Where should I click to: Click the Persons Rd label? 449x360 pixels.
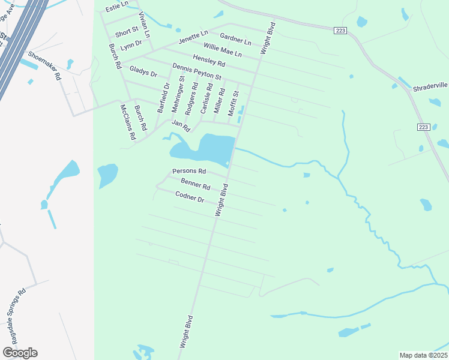click(185, 172)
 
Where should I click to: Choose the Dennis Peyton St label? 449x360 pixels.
click(197, 73)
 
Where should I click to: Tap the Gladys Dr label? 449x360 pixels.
click(143, 72)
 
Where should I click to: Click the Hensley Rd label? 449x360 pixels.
click(209, 60)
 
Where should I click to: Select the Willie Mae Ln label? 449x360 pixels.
click(222, 50)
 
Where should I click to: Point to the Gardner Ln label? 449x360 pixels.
click(235, 39)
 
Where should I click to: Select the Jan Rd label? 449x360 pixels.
click(181, 126)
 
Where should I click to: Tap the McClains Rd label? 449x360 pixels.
click(127, 122)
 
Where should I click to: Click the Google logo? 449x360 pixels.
click(20, 353)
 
